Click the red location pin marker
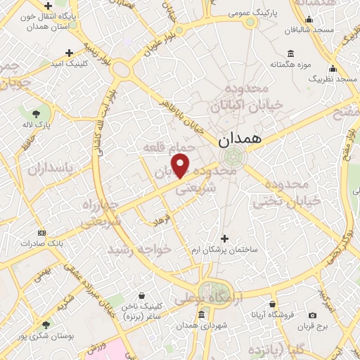click(181, 167)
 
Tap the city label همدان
click(239, 139)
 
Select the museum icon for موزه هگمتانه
click(291, 54)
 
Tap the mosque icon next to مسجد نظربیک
click(333, 69)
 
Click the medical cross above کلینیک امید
click(69, 53)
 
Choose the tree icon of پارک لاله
click(35, 112)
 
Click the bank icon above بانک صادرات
click(41, 233)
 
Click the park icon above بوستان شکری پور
click(45, 324)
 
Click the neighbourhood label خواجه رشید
click(139, 250)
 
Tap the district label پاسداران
click(51, 169)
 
